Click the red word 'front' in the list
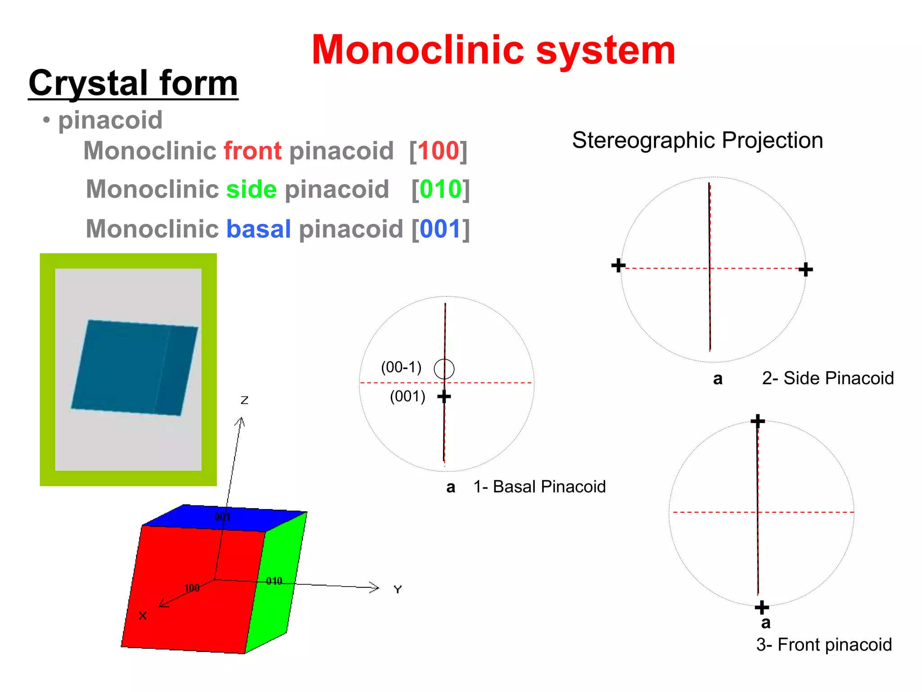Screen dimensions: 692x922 (253, 150)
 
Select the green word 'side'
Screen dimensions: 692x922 (251, 189)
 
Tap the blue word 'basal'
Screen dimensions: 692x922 (258, 229)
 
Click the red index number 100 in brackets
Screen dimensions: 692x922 (438, 150)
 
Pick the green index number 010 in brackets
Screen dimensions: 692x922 (441, 189)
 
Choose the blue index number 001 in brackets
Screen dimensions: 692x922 (441, 229)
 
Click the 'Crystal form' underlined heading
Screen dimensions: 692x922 (133, 83)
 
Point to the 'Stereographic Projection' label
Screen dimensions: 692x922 (697, 140)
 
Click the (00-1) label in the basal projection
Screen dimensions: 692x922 (401, 367)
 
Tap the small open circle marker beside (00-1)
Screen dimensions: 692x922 (444, 369)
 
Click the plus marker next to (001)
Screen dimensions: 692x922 (444, 396)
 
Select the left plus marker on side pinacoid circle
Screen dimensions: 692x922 (618, 265)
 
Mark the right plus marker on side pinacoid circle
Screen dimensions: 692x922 (805, 269)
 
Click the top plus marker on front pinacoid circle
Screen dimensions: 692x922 (758, 421)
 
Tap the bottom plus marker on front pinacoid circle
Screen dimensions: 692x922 (762, 607)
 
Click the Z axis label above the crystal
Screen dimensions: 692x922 (244, 400)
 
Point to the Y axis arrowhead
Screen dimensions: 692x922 (376, 587)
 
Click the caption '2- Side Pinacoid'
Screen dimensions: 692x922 (827, 378)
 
